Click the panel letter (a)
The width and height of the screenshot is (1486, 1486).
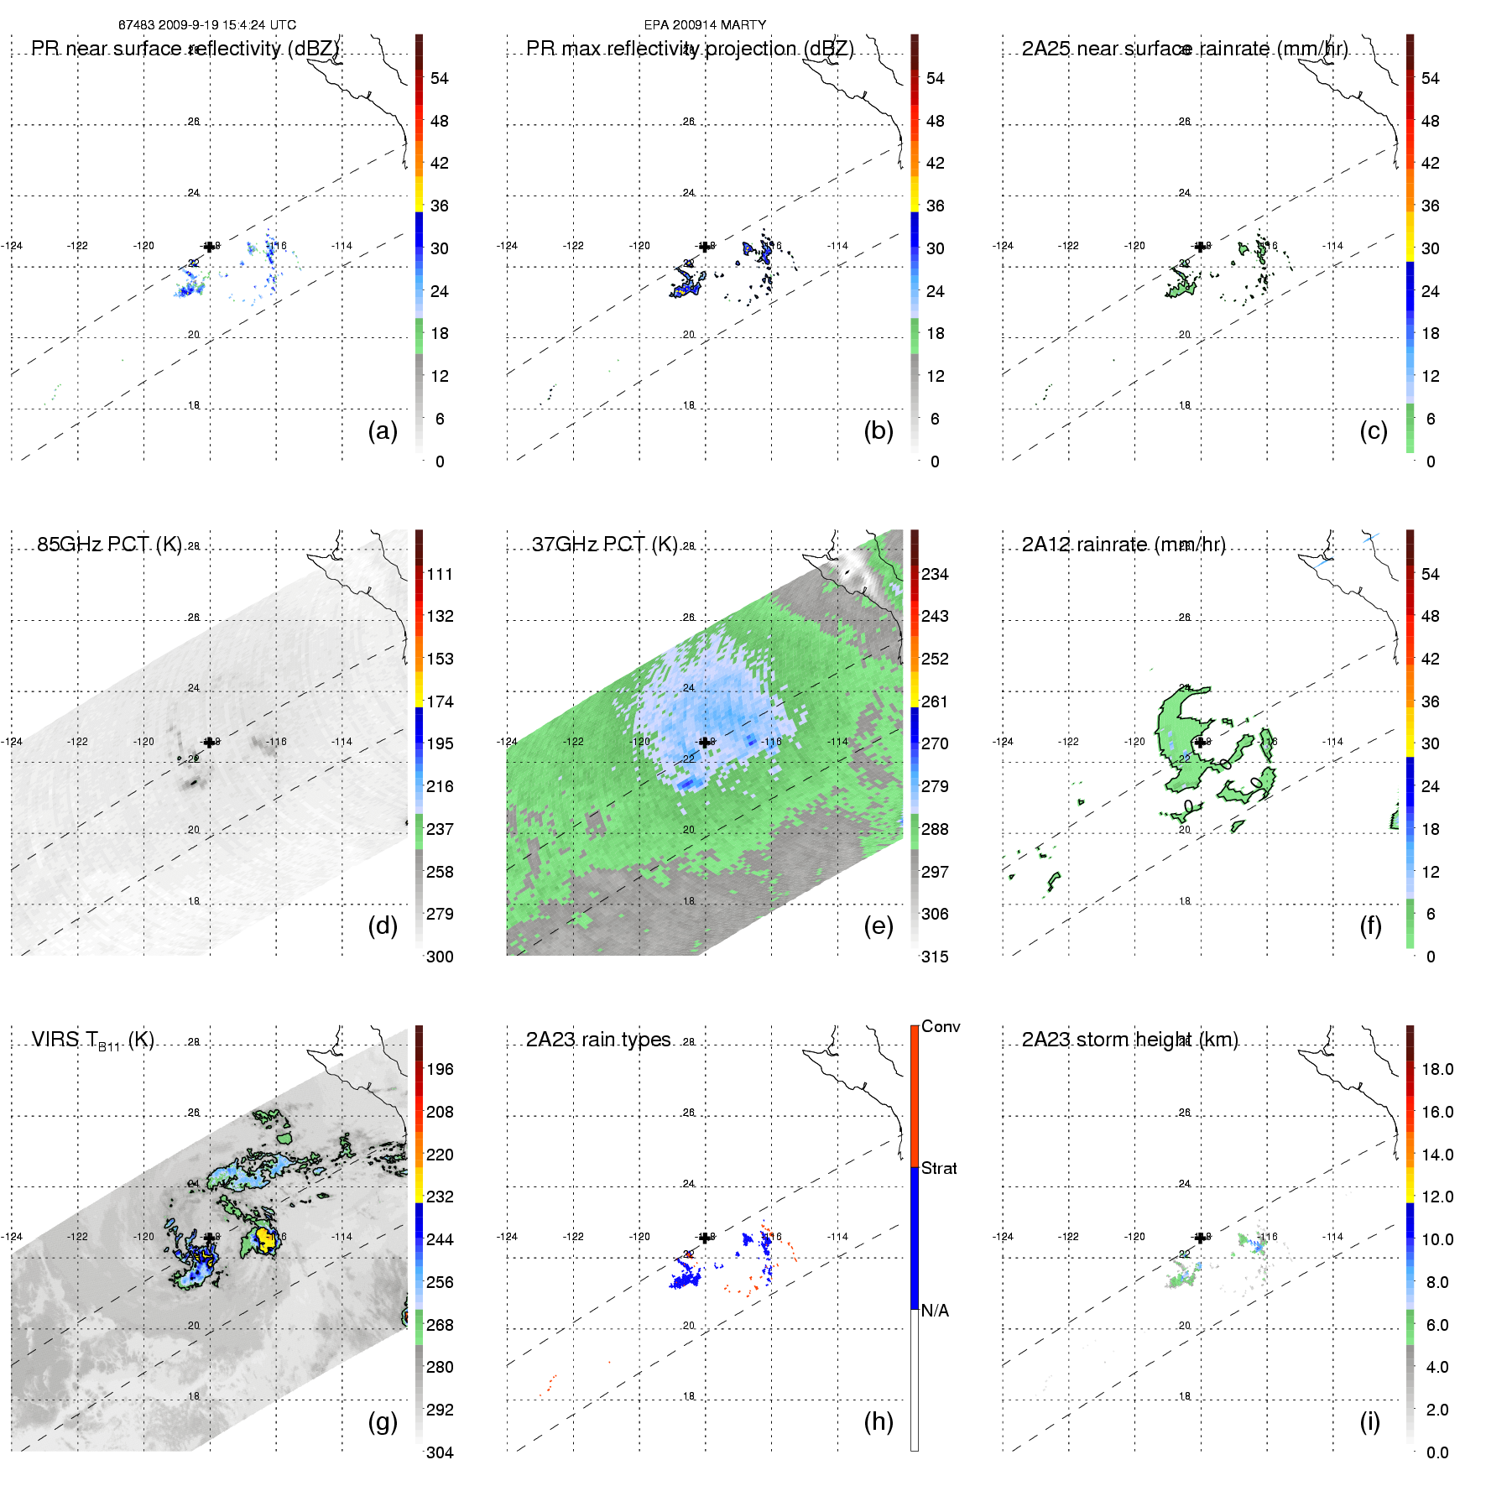(x=383, y=431)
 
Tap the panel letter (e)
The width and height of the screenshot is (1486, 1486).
(x=879, y=926)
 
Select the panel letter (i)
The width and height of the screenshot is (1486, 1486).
(x=1369, y=1421)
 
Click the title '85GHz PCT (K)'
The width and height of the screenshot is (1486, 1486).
(x=109, y=545)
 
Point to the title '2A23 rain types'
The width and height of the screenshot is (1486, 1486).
(x=598, y=1040)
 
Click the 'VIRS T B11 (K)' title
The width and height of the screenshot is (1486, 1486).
(x=92, y=1040)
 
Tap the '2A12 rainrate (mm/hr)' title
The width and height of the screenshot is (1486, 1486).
(x=1124, y=545)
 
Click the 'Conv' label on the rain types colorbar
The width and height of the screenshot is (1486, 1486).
(x=941, y=1026)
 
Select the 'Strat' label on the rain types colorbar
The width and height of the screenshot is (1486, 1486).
(x=939, y=1168)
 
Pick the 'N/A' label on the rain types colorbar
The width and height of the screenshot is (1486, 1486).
(x=935, y=1311)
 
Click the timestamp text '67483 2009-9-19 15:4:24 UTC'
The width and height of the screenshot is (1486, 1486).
(x=207, y=25)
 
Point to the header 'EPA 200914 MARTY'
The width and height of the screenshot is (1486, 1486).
(x=705, y=25)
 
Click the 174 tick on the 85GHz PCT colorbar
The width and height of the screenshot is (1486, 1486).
(x=440, y=701)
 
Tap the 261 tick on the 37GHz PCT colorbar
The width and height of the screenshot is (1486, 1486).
(x=935, y=701)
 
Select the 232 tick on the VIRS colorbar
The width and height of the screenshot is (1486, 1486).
(x=440, y=1197)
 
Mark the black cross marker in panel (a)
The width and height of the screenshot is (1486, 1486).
(x=209, y=247)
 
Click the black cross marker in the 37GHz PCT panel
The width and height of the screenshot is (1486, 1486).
(x=705, y=742)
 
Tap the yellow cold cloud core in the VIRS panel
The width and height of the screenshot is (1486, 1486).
(x=265, y=1238)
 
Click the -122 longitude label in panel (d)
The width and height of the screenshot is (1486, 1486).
(x=77, y=742)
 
